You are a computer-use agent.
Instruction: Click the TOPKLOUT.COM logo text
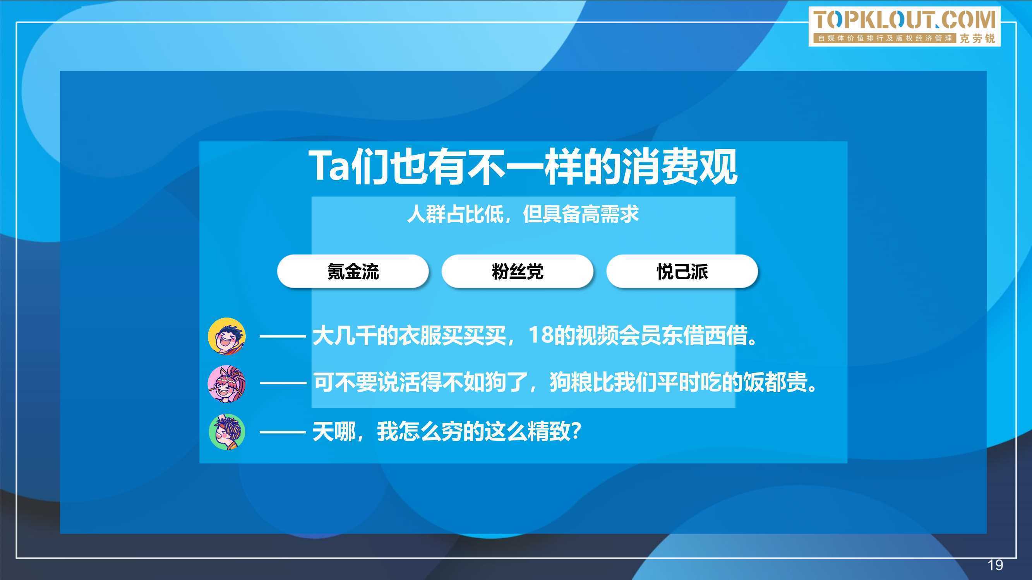[904, 20]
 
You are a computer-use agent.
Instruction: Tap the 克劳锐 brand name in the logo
[977, 38]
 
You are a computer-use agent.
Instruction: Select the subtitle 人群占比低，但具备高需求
[523, 214]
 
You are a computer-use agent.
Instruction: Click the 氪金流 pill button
[353, 271]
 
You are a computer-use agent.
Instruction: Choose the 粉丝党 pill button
[517, 271]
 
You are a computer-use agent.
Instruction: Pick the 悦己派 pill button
[682, 271]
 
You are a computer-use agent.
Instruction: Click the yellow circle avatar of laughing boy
[227, 336]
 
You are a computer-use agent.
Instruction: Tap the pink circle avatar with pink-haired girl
[227, 384]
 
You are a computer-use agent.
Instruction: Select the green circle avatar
[227, 432]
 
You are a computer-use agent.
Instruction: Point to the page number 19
[995, 565]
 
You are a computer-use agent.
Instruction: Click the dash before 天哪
[283, 432]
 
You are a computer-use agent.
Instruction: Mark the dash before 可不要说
[283, 384]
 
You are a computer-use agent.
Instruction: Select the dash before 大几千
[283, 336]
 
